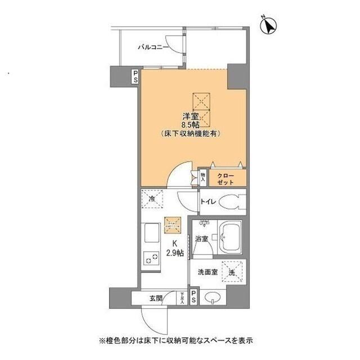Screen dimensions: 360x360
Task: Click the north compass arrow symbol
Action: (269, 25)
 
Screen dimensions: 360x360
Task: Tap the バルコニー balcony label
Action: (154, 47)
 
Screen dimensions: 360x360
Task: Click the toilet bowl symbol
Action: (231, 201)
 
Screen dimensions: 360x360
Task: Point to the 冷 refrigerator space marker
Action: (152, 199)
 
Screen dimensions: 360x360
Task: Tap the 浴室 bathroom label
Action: (201, 238)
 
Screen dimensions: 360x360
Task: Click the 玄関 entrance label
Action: (156, 297)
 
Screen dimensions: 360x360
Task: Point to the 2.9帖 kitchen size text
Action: (175, 254)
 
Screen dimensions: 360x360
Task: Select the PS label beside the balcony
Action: (135, 76)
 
